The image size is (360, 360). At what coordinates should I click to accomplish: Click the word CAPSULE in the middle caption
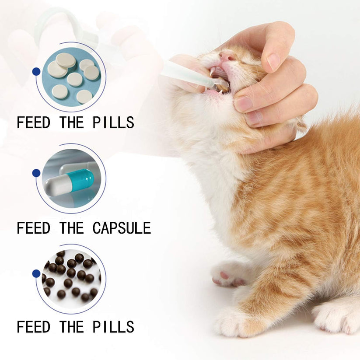click(122, 228)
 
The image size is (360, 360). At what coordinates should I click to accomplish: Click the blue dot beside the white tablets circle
click(36, 71)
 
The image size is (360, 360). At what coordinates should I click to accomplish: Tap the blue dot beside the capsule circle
click(36, 173)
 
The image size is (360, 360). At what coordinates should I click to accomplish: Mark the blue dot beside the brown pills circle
click(36, 273)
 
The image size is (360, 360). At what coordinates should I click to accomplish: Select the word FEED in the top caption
click(34, 123)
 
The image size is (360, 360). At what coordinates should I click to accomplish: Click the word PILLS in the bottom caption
click(113, 327)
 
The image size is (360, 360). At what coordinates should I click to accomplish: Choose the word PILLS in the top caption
click(113, 123)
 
